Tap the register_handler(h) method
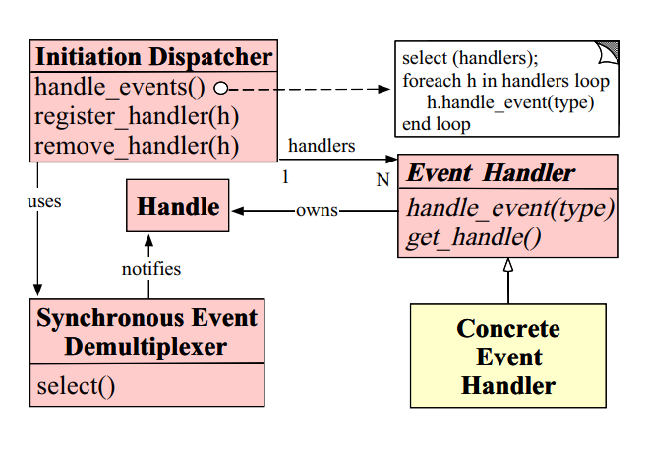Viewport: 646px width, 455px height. point(138,117)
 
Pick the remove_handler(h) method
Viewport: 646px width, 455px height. point(137,147)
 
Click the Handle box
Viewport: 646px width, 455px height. point(178,207)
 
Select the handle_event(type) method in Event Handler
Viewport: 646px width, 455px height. point(509,209)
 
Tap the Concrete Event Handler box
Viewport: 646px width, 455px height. point(507,356)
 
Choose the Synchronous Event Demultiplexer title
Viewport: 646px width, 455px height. point(147,332)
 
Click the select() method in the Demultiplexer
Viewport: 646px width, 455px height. point(76,385)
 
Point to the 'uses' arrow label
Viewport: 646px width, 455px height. point(44,202)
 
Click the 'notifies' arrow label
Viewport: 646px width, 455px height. point(150,268)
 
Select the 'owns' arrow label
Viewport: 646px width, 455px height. point(317,210)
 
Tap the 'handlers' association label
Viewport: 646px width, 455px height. point(321,146)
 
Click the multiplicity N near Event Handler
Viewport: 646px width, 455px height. point(382,179)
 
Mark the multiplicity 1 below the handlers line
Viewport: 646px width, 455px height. point(286,177)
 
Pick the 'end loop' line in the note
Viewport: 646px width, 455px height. point(436,124)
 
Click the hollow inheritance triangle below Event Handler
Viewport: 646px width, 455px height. point(508,264)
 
